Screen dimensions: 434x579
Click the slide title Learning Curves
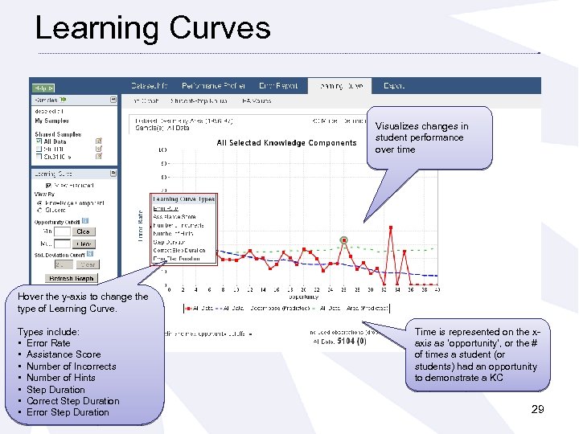tap(153, 28)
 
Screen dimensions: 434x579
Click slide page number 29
tap(538, 410)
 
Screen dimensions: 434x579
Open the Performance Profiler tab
tap(212, 85)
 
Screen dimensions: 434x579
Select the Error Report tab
tap(278, 85)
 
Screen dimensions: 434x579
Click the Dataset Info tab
tap(150, 85)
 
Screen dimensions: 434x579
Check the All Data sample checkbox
tap(38, 141)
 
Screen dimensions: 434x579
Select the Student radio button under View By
tap(38, 210)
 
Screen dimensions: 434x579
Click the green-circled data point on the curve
tap(344, 240)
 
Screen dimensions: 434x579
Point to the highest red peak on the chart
tap(391, 228)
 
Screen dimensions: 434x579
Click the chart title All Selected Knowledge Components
tap(286, 143)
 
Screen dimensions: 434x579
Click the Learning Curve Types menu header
tap(183, 199)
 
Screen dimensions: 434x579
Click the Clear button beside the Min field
tap(84, 231)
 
